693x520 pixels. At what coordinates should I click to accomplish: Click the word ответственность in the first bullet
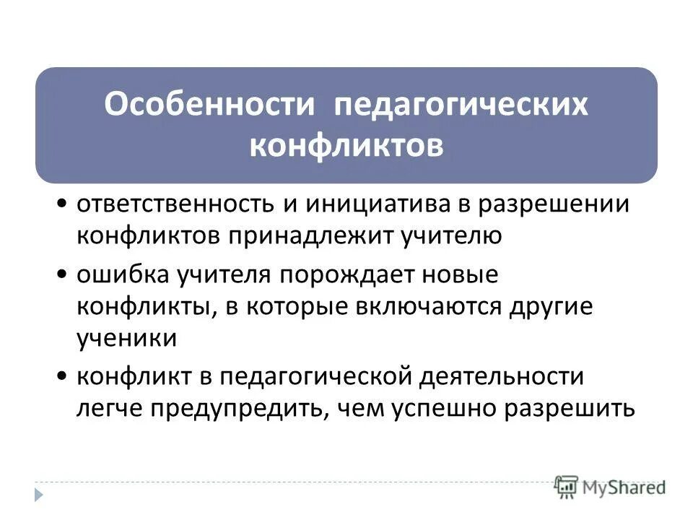[170, 205]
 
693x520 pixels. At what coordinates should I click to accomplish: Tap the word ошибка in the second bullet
[118, 275]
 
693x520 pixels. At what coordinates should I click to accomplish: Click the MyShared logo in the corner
[611, 485]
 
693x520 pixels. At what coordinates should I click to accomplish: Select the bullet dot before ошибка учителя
[64, 276]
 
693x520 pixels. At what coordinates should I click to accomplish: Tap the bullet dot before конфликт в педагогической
[64, 378]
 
